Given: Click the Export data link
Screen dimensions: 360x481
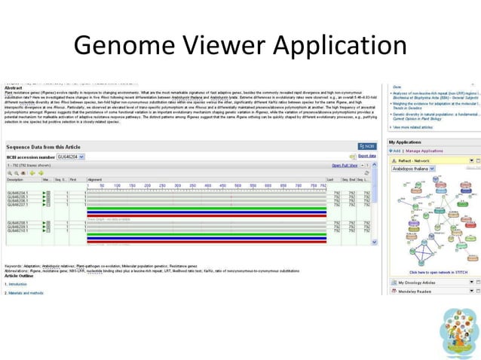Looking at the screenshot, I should coord(367,156).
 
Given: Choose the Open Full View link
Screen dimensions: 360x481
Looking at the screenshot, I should coord(346,165).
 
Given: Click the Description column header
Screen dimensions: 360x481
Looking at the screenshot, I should coord(16,180).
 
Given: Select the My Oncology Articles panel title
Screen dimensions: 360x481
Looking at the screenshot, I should coord(419,282).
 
